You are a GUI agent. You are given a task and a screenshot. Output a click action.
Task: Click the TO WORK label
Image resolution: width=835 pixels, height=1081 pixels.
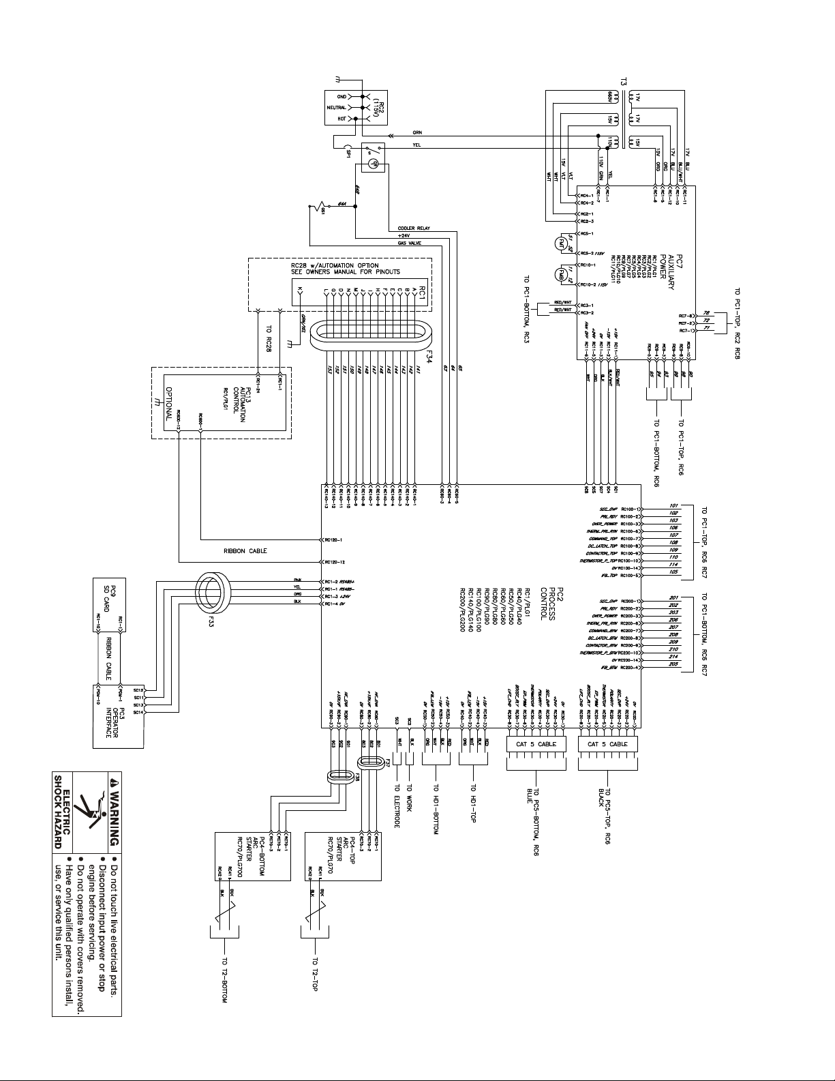point(408,798)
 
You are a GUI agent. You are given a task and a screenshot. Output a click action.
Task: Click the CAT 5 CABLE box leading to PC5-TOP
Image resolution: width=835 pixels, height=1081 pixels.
point(607,744)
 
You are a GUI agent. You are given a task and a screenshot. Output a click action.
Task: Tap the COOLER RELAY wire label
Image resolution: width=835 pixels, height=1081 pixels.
point(414,228)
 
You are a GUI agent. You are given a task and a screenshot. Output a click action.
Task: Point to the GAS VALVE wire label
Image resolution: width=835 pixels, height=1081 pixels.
point(411,242)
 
